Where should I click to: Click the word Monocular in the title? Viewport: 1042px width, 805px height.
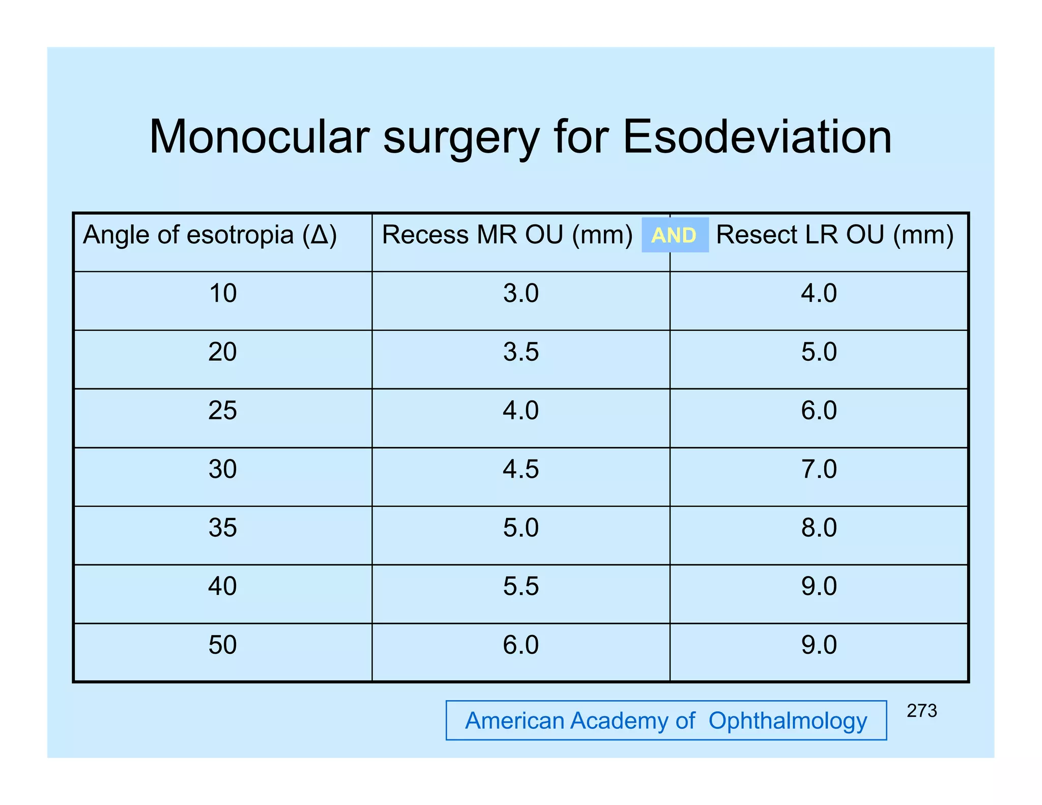coord(259,137)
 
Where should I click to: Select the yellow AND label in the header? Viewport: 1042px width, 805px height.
coord(674,235)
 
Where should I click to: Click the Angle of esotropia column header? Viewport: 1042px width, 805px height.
coord(210,235)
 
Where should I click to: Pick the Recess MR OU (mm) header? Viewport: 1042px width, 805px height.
coord(507,235)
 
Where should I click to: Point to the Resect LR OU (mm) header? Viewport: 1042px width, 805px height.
coord(834,235)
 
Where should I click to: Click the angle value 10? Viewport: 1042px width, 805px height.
coord(223,294)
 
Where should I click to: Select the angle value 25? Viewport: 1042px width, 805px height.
coord(223,411)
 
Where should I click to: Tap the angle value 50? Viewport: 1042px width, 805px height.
coord(223,645)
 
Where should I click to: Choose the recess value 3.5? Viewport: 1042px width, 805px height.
coord(520,352)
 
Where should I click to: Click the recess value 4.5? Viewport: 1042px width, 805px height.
coord(520,469)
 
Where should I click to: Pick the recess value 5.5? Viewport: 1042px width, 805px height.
coord(520,586)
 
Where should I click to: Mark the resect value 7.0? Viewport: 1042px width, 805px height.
coord(819,469)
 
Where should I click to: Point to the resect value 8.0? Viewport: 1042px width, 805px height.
coord(819,528)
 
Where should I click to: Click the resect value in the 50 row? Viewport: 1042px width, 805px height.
coord(819,645)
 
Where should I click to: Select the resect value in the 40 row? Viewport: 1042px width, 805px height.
coord(819,586)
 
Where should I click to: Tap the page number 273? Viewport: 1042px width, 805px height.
coord(921,711)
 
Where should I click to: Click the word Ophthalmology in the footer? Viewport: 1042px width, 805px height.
coord(788,721)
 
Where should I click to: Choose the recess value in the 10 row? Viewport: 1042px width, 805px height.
coord(520,294)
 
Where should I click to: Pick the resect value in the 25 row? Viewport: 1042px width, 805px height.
coord(819,411)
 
